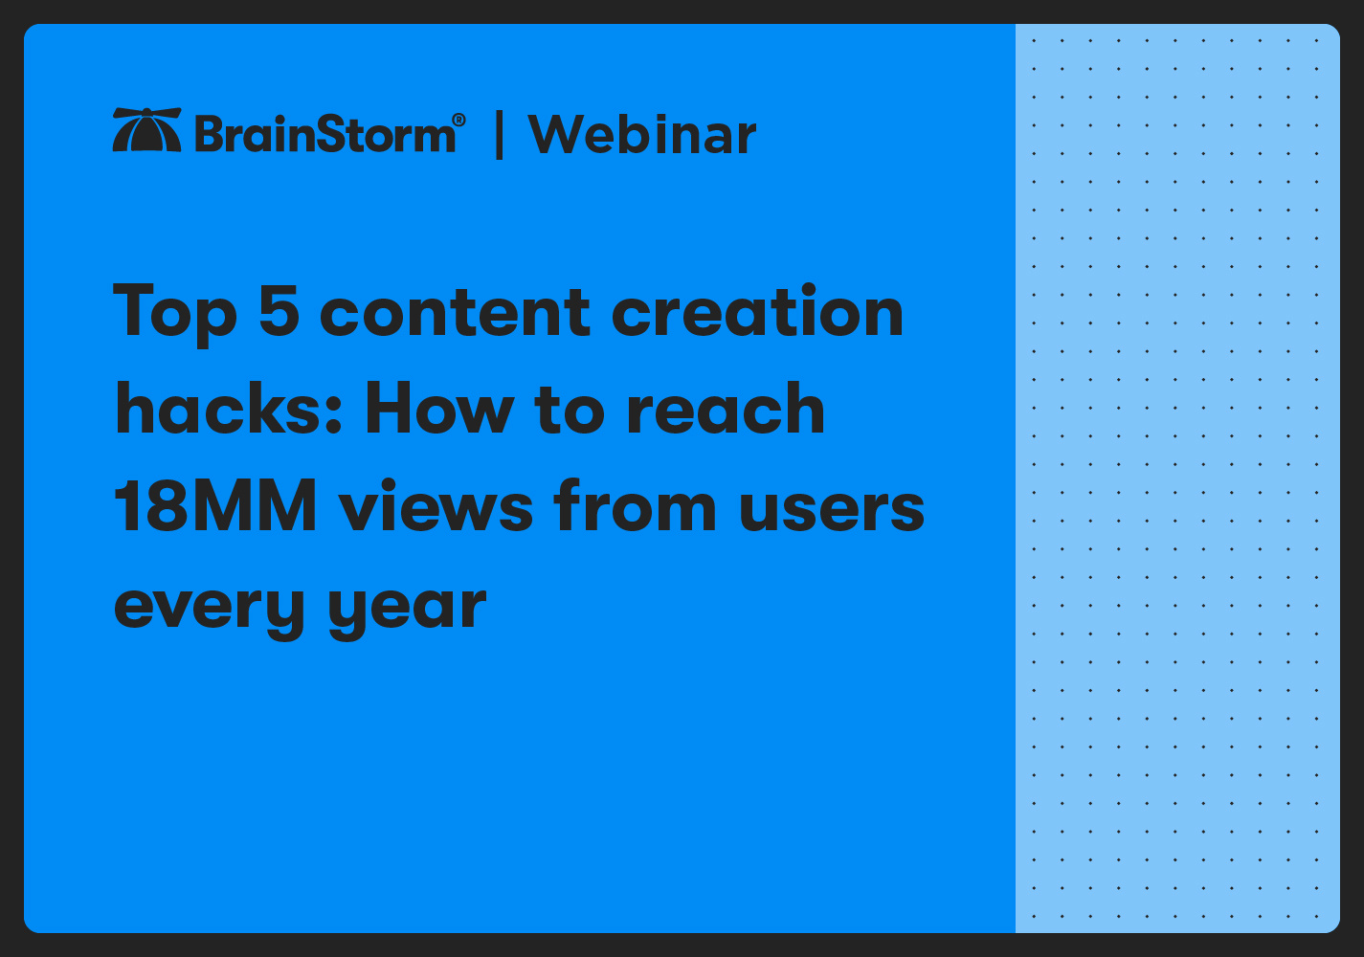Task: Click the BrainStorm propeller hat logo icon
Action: point(146,130)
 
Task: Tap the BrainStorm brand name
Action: point(325,134)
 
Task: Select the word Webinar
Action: point(642,134)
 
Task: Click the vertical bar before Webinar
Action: point(499,134)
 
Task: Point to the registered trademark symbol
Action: point(458,120)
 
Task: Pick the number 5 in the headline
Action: point(279,311)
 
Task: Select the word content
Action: point(455,314)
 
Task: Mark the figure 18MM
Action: point(215,506)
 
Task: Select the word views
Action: point(436,507)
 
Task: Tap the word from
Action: point(635,506)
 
